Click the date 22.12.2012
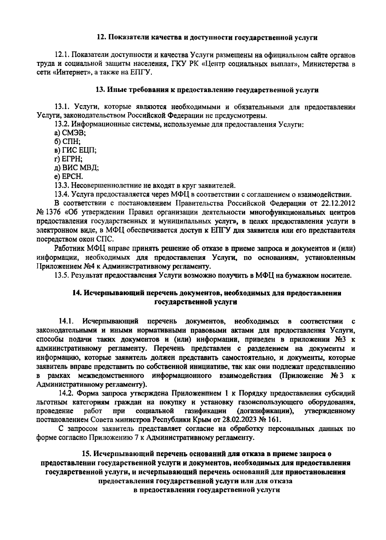click(x=338, y=203)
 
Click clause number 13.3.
click(x=61, y=185)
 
